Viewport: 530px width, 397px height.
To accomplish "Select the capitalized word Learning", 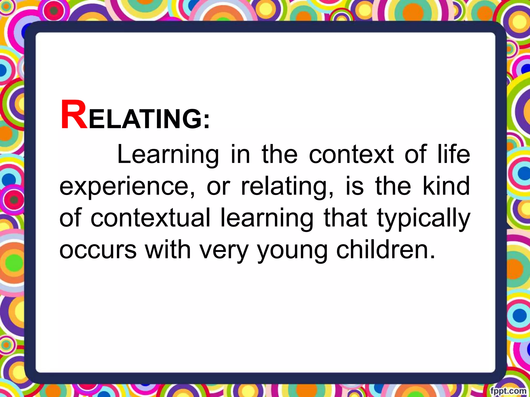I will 168,155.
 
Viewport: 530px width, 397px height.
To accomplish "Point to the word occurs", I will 98,250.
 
